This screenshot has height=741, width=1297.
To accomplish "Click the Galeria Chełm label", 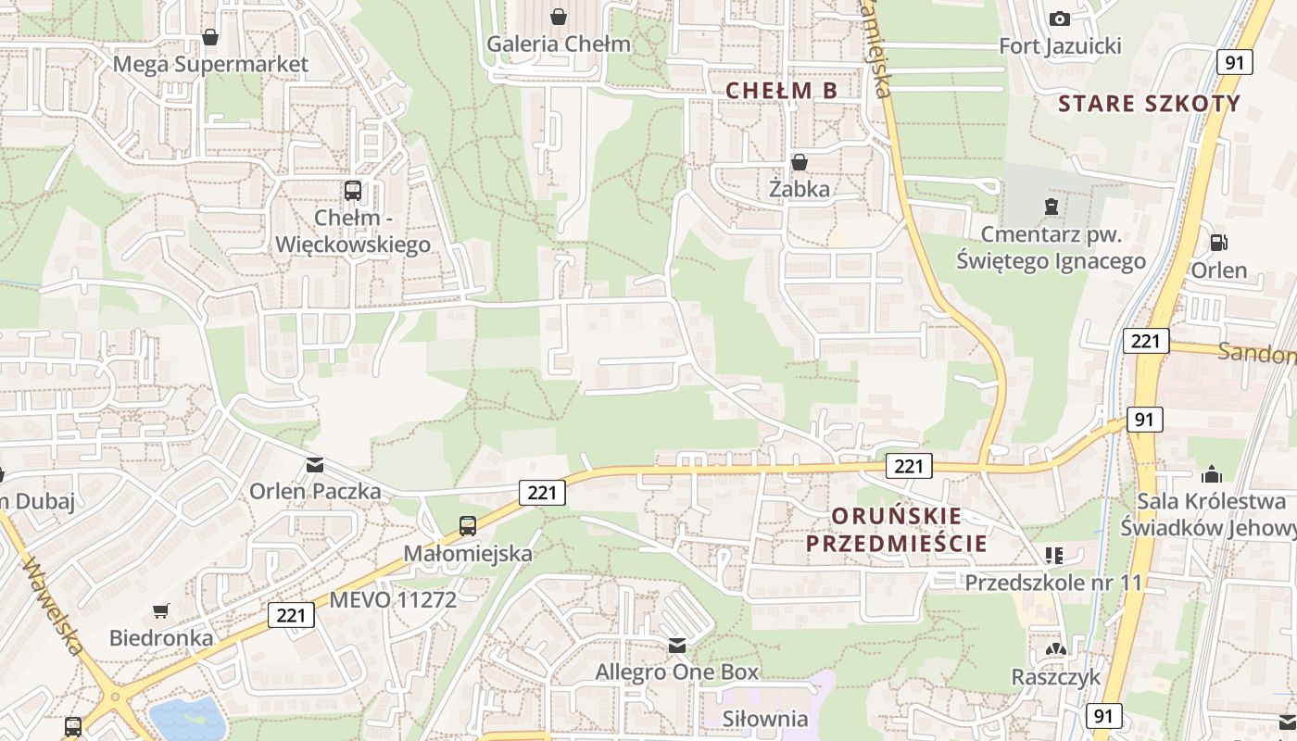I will pos(558,44).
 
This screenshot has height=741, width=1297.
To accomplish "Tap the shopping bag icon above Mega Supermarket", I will pos(210,38).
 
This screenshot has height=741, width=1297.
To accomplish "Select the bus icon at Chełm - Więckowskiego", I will pos(353,191).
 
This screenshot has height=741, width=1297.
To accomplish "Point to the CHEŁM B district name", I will pos(782,90).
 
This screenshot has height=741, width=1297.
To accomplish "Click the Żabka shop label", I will pos(800,189).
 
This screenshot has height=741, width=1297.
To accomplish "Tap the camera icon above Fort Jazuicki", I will pos(1060,19).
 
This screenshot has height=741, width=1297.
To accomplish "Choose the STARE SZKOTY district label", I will pos(1149,103).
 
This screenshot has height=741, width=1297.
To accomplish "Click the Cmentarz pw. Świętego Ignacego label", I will pos(1051,247).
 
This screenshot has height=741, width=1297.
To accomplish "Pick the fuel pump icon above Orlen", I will pos(1219,243).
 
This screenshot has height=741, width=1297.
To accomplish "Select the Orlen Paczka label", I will pos(315,491).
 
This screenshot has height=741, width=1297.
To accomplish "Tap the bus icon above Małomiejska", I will pos(468,526).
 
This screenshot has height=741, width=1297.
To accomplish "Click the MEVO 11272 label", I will pos(393,599).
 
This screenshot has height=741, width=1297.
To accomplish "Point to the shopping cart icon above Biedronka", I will pos(161,611).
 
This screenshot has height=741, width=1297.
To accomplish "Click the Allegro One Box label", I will pos(676,672).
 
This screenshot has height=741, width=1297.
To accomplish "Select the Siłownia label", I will pos(765,719).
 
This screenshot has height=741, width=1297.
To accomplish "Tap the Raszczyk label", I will pos(1056,676).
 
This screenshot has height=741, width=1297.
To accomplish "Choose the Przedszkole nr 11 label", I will pos(1053,583).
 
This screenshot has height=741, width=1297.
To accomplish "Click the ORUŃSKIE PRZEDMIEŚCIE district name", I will pos(896,529).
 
